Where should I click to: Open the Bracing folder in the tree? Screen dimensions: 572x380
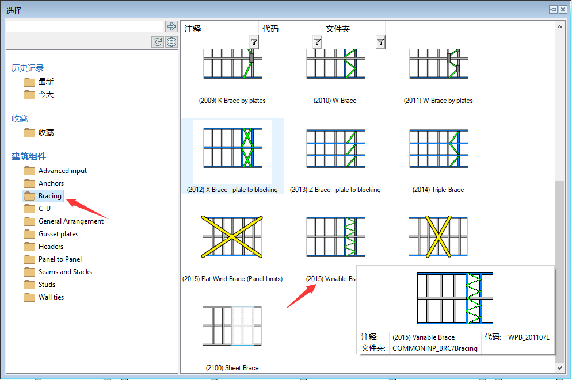[x=43, y=196]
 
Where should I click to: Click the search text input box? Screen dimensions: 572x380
[x=85, y=26]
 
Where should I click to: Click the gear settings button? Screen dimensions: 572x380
[x=171, y=42]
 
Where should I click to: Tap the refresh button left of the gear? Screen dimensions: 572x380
[x=158, y=42]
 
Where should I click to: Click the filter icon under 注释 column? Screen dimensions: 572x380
[x=254, y=43]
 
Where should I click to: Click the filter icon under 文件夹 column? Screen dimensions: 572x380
[x=380, y=43]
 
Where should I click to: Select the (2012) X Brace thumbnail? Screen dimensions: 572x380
[x=232, y=148]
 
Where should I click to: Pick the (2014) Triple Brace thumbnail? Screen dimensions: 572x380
[x=439, y=148]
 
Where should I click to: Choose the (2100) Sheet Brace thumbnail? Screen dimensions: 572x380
[x=232, y=326]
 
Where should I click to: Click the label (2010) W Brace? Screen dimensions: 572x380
[x=335, y=101]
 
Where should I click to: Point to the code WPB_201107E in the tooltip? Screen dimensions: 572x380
[x=529, y=337]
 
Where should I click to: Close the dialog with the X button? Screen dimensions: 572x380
[x=563, y=10]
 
